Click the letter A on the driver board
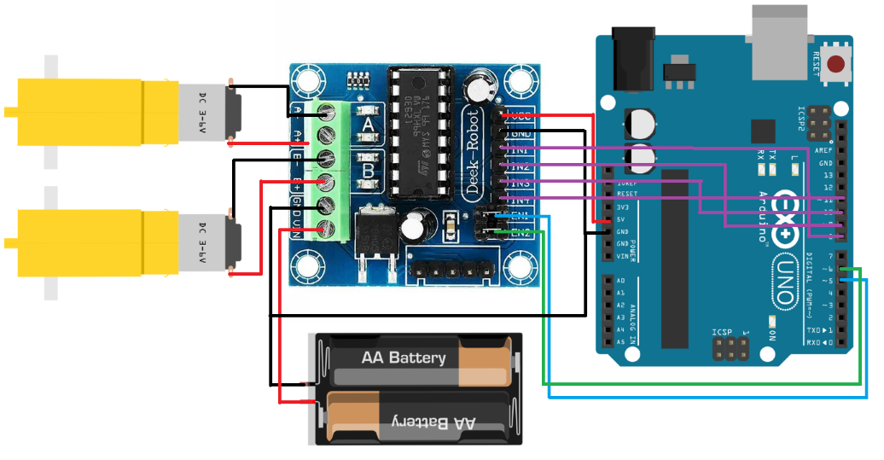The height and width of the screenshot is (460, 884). [x=368, y=125]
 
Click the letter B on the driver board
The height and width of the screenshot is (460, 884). [x=368, y=171]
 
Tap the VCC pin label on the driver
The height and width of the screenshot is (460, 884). [x=522, y=116]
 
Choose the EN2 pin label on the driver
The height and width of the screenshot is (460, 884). [x=522, y=231]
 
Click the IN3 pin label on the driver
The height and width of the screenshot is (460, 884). [x=522, y=183]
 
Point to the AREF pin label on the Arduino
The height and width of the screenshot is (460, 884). [x=825, y=150]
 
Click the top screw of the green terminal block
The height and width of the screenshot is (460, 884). [x=323, y=112]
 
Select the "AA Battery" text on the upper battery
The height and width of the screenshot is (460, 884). [x=403, y=358]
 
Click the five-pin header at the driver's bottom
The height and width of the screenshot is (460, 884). [x=453, y=271]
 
